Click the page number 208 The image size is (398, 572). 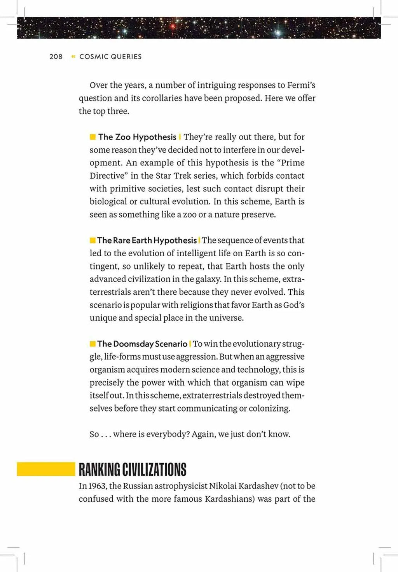tap(56, 57)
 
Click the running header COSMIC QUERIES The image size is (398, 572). tap(110, 57)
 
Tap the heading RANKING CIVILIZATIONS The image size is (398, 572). tap(133, 469)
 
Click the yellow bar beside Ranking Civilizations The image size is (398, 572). tap(46, 469)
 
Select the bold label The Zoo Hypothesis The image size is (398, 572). tap(137, 137)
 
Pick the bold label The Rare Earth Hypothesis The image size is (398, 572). tap(147, 240)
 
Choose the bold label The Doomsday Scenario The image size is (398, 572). tap(142, 344)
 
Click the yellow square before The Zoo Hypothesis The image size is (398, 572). tap(93, 137)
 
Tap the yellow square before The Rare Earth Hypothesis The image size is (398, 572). tap(93, 240)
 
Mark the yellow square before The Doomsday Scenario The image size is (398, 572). tap(93, 344)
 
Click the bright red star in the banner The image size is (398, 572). tap(173, 26)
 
